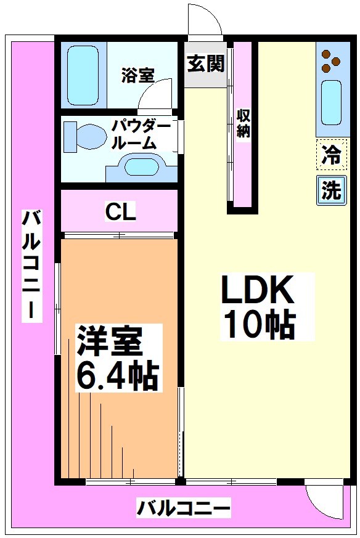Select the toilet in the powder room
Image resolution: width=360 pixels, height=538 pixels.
point(84,136)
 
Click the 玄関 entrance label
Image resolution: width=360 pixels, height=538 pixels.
point(206,63)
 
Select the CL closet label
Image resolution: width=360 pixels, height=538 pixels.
point(120,211)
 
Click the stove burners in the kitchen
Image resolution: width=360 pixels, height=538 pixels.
point(331,59)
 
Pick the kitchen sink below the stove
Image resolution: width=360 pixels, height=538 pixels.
point(332,102)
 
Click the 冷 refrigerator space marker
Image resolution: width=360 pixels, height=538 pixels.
point(331,154)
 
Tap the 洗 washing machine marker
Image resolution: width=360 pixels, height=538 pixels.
point(331,190)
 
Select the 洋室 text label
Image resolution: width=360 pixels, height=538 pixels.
point(110,341)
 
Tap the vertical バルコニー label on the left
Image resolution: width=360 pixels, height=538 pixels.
point(31,265)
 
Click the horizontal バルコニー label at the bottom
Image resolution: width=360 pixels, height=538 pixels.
point(184,509)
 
